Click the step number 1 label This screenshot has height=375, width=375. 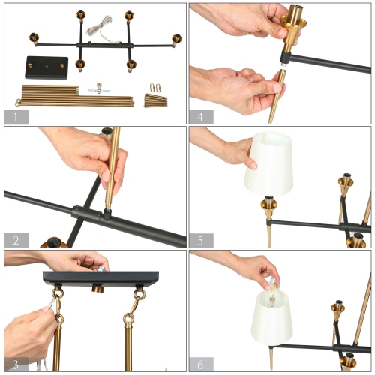pyautogui.click(x=16, y=116)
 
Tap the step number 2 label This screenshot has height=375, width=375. pyautogui.click(x=16, y=240)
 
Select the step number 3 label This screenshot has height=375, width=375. pyautogui.click(x=16, y=364)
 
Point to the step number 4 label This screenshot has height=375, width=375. pyautogui.click(x=201, y=116)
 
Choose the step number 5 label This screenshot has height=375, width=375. pyautogui.click(x=201, y=240)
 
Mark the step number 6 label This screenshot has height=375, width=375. pyautogui.click(x=201, y=364)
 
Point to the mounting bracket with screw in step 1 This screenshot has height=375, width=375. pyautogui.click(x=99, y=89)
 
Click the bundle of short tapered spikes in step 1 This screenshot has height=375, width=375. pyautogui.click(x=156, y=100)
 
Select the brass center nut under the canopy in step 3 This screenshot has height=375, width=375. pyautogui.click(x=97, y=289)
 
